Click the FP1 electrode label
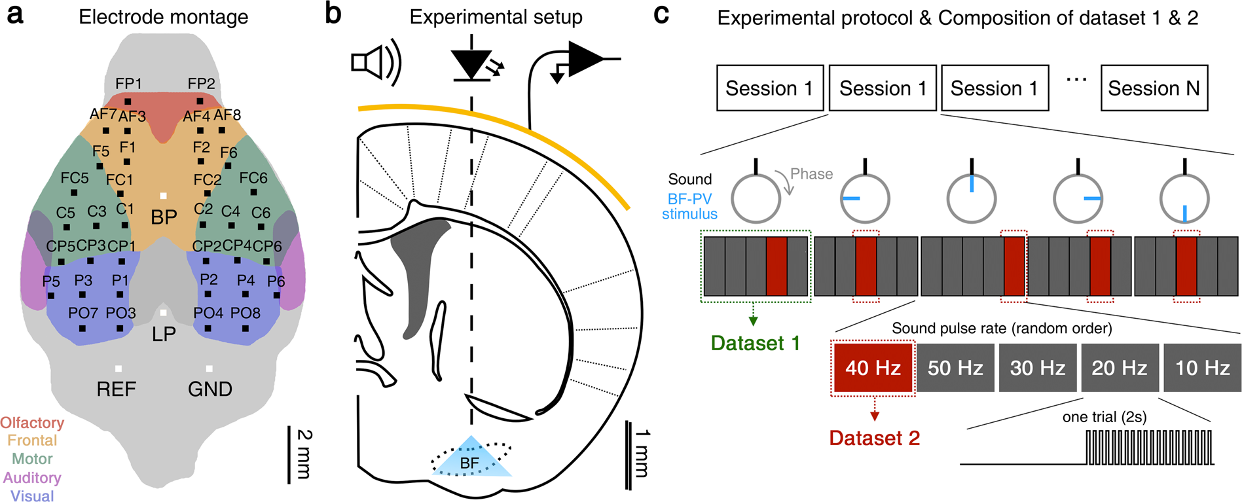(128, 84)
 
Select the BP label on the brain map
(164, 217)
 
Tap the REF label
(117, 389)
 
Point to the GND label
(210, 389)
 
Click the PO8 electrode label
(246, 314)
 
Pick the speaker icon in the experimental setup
(376, 63)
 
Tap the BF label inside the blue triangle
(469, 463)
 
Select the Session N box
(1154, 88)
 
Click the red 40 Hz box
(873, 368)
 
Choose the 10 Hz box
(1202, 368)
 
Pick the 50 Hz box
(955, 368)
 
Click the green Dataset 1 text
(756, 343)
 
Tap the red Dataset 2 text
(875, 438)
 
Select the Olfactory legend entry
(32, 423)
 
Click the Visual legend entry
(32, 496)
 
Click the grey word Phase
(812, 174)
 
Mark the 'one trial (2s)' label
(1105, 418)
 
